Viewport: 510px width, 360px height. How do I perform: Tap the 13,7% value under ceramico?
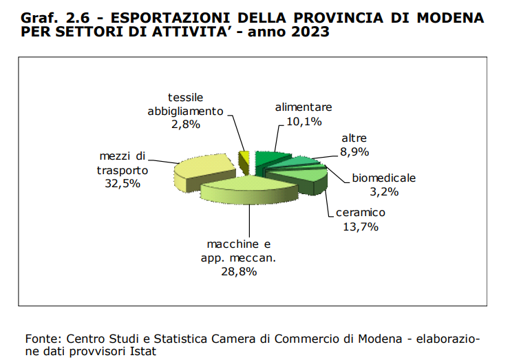pos(361,226)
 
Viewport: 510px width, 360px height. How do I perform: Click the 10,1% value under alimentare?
pos(296,122)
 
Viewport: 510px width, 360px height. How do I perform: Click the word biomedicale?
pos(384,178)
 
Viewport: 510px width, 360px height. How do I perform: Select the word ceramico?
pos(361,212)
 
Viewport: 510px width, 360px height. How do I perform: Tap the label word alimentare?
pos(304,108)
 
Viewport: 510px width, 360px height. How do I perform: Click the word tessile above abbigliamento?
pos(186,97)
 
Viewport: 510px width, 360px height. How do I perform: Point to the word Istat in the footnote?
pos(145,351)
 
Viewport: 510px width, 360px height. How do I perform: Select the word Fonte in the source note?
pos(41,339)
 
